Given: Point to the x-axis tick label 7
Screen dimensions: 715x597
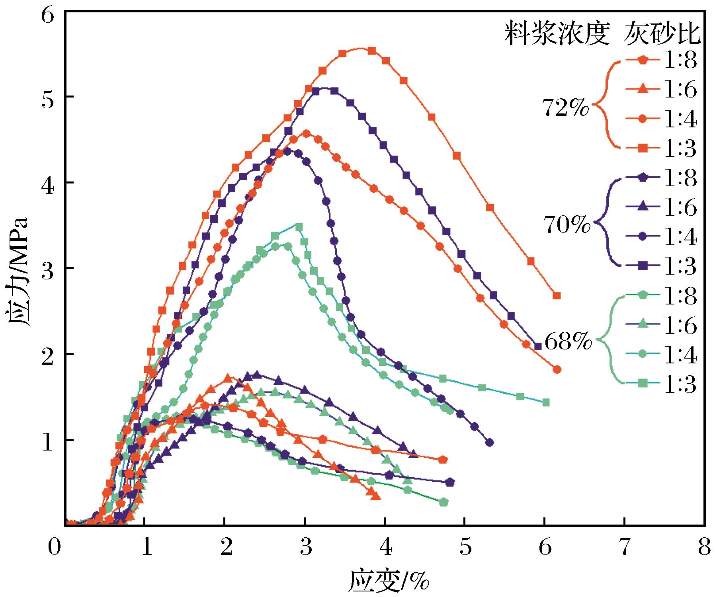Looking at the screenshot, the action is tap(625, 547).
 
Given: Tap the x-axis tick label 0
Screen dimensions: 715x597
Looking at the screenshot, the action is tap(55, 547).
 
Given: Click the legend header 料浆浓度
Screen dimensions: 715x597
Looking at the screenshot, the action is tap(557, 33).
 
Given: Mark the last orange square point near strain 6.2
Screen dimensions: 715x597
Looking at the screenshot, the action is tap(557, 295).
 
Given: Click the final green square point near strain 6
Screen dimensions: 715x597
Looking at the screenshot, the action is tap(546, 402).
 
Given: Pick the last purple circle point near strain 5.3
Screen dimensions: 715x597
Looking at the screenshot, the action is tap(490, 443).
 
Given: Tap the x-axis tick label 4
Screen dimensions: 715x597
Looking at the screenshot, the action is tap(385, 547).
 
